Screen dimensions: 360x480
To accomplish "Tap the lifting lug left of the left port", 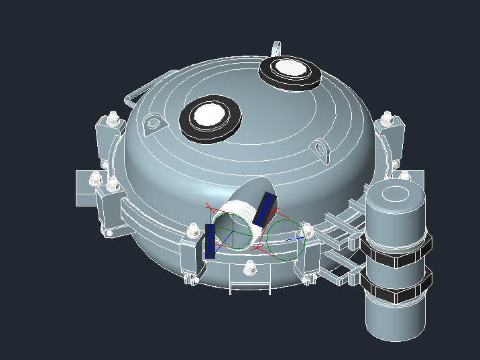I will click(x=154, y=123).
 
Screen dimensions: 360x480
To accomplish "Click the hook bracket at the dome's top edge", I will click(x=276, y=48).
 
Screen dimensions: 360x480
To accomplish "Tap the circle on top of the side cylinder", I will click(x=396, y=194).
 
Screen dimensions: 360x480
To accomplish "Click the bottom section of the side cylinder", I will click(x=396, y=318).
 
